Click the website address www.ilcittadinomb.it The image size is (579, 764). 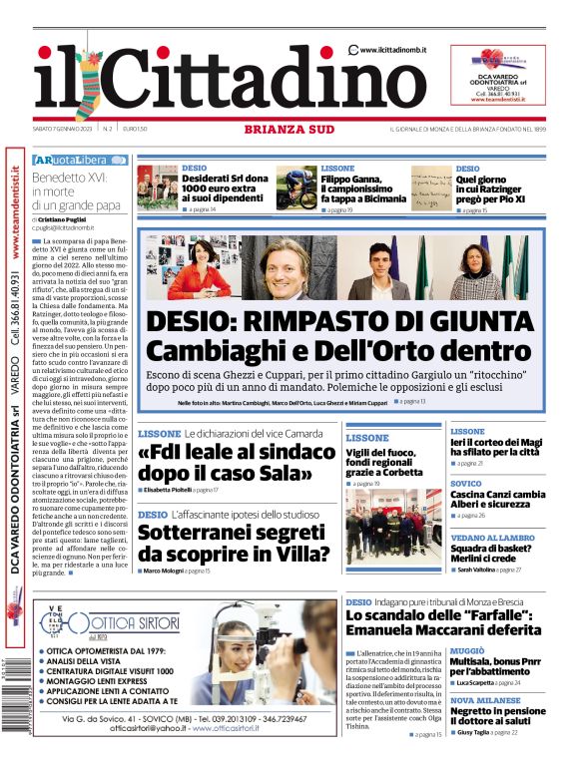tap(393, 49)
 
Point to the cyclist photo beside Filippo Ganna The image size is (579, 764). tap(296, 188)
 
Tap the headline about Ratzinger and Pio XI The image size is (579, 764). tap(494, 188)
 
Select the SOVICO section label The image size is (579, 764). tap(465, 483)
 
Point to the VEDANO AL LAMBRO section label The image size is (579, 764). tap(493, 538)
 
